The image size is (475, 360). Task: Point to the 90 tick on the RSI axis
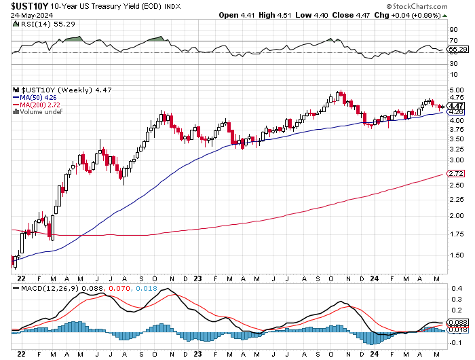[x=453, y=29]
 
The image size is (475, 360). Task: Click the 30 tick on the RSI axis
[x=453, y=63]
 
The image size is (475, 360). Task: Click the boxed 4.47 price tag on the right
[x=456, y=106]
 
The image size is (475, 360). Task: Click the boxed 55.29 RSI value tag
[x=457, y=50]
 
